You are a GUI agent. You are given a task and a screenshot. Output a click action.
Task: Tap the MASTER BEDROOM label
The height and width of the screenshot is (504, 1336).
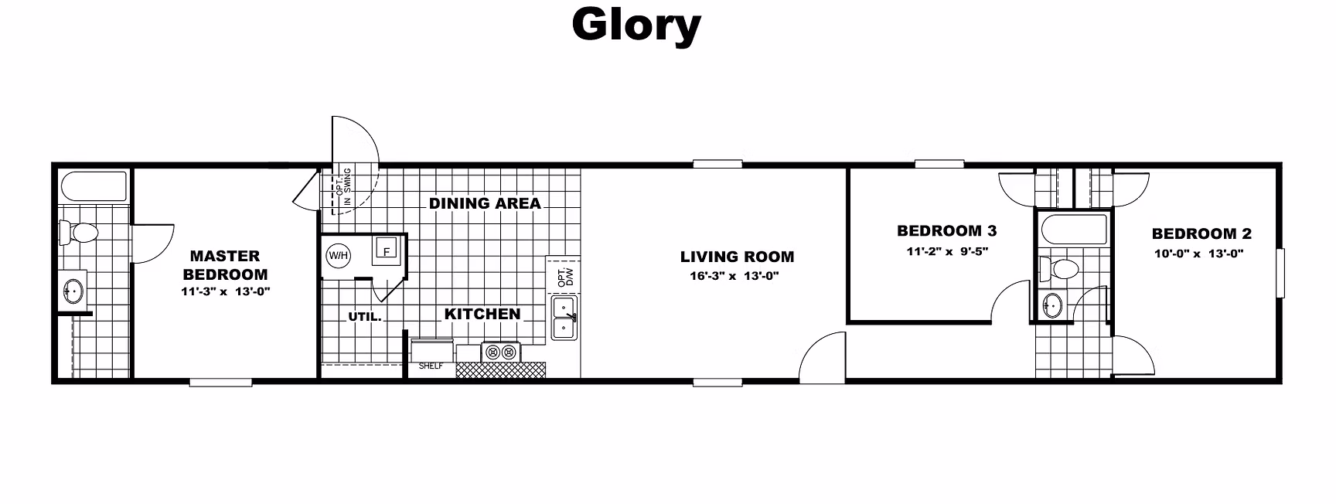pos(226,265)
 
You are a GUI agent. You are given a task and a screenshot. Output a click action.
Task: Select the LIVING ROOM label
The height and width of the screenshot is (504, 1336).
pos(737,257)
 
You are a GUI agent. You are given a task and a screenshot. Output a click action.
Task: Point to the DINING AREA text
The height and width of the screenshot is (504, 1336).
pos(485,203)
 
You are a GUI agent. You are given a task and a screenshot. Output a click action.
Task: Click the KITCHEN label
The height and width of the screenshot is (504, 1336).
pos(482,314)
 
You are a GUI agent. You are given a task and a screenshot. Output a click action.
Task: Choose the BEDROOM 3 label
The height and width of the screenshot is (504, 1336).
pos(947,230)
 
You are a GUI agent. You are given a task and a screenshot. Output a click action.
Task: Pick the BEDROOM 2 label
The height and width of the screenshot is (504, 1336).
pos(1201,233)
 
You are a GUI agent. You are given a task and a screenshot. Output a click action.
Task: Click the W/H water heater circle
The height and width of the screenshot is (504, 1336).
pos(338,255)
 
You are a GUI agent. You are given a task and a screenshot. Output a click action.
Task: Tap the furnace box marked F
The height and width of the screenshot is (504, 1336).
pos(386,250)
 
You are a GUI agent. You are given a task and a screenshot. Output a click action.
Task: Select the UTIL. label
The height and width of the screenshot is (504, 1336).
pos(365,316)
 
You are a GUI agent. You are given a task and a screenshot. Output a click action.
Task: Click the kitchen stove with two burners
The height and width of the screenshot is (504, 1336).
pos(501,352)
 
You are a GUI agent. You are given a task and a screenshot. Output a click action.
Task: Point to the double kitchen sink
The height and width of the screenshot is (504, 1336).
pos(564,318)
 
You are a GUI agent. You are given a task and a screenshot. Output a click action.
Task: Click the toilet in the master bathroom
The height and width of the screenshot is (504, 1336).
pos(78,231)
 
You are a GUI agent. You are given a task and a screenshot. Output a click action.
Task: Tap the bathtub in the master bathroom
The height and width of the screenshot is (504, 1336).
pos(94,186)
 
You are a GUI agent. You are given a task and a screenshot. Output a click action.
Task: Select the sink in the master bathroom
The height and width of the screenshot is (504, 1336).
pos(73,291)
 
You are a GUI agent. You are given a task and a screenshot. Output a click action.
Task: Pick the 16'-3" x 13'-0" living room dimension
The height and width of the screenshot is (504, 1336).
pos(734,277)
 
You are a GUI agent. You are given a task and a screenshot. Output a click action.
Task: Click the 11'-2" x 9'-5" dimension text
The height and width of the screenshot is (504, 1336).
pos(947,251)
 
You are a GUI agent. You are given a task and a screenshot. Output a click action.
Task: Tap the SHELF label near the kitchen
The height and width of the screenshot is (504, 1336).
pos(431,366)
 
